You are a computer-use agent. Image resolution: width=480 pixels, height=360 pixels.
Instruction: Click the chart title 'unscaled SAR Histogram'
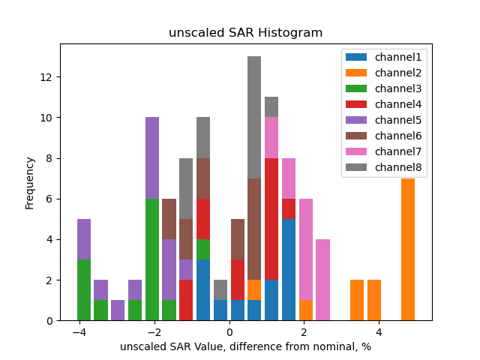pos(245,33)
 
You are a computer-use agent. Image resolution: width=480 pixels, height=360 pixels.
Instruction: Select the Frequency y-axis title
pos(30,182)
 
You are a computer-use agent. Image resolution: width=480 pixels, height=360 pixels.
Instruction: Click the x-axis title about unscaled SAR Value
pos(245,346)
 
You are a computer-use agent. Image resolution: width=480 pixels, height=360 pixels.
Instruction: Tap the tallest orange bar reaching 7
pos(408,249)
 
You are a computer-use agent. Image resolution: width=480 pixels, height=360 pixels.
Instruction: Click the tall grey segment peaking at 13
pos(254,118)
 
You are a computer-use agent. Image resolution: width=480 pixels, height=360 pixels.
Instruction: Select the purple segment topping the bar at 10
pos(152,158)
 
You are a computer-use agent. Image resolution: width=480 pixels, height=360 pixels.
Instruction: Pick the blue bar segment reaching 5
pos(289,269)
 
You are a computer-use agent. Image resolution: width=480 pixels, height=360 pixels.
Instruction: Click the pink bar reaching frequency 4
pos(322,280)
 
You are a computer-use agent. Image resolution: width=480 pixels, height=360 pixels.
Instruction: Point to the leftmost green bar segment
pos(84,289)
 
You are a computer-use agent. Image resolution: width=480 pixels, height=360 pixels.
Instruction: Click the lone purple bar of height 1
pos(118,310)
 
